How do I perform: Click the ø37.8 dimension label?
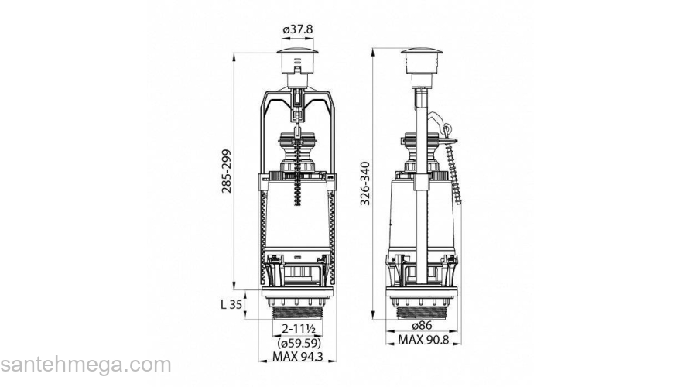297,29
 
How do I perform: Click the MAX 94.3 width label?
298,358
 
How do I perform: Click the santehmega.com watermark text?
85,365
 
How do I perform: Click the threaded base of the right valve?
421,310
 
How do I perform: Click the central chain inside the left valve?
298,186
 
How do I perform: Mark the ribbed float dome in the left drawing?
298,151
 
